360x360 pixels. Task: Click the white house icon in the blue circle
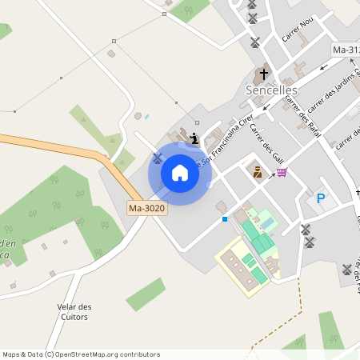180,173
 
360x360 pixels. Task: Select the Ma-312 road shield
345,50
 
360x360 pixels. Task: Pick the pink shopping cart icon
281,172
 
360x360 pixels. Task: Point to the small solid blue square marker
225,218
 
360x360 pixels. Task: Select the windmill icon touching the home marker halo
158,157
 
